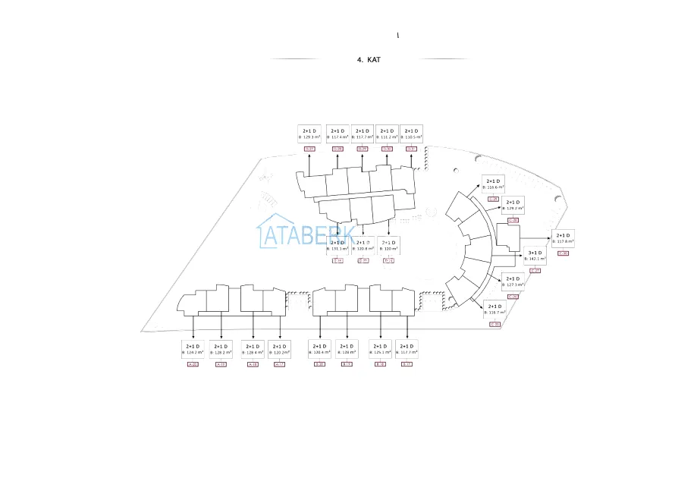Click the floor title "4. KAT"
coord(369,59)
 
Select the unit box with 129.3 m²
coord(309,134)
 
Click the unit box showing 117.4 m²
coord(338,134)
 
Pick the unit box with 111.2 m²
coord(387,134)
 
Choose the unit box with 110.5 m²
coord(411,134)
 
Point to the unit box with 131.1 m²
coord(338,245)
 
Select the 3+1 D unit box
coord(535,255)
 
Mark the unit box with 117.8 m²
coord(563,238)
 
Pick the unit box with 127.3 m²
coord(513,281)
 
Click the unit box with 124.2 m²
coord(193,349)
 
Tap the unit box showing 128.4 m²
coord(253,349)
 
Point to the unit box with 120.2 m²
coord(279,349)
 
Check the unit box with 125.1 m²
coord(380,349)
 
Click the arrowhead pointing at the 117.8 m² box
coord(548,238)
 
